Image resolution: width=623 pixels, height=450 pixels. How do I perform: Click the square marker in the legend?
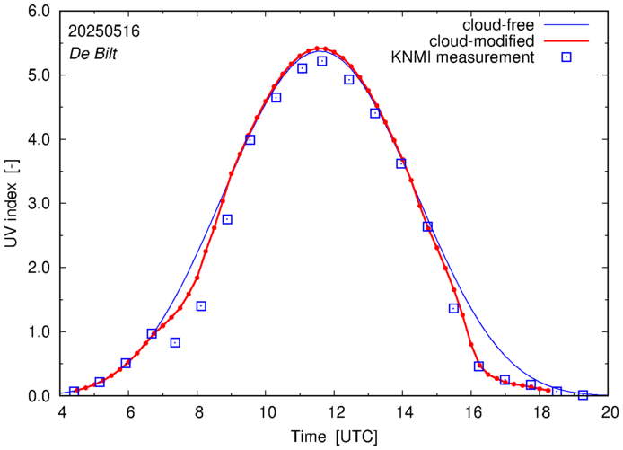coord(566,58)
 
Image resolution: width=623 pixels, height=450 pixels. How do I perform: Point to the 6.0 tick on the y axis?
coord(39,12)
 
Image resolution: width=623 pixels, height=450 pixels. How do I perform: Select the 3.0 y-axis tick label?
coord(39,204)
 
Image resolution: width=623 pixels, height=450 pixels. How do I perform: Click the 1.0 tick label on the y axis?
coord(39,332)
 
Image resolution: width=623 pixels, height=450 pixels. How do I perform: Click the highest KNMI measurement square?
coord(322,61)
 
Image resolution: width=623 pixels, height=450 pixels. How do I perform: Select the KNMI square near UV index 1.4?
coord(201,306)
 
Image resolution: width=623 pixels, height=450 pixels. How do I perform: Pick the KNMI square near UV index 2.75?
coord(227,219)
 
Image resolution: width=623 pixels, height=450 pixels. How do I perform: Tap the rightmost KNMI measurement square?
coord(583,395)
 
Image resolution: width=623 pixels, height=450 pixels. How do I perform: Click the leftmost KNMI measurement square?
coord(74,392)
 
